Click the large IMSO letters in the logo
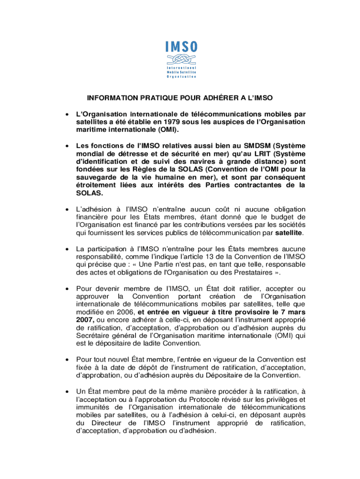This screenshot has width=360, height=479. pyautogui.click(x=181, y=47)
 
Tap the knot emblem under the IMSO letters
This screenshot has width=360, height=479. pyautogui.click(x=181, y=60)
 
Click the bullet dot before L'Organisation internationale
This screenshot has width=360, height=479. pyautogui.click(x=68, y=115)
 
